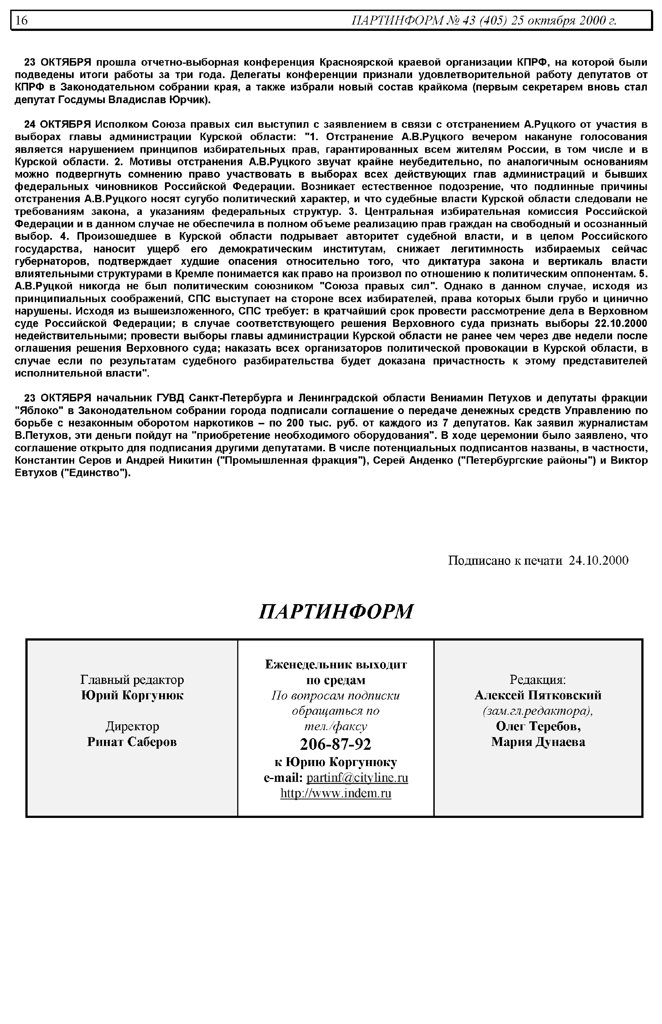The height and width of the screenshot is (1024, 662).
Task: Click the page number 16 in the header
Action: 22,20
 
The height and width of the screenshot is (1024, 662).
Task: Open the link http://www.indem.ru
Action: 335,793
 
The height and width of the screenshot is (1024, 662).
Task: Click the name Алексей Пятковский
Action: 538,695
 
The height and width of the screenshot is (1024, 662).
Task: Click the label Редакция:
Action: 538,680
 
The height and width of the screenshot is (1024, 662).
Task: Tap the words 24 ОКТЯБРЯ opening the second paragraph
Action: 57,125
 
